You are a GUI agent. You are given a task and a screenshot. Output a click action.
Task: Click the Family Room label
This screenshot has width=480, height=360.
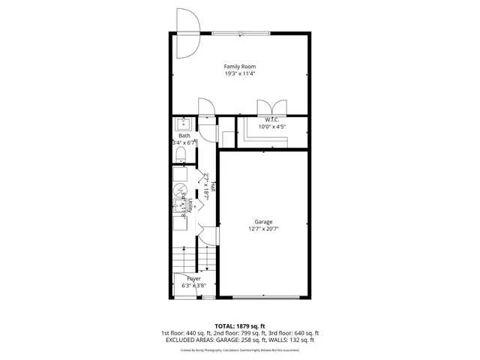(x=240, y=67)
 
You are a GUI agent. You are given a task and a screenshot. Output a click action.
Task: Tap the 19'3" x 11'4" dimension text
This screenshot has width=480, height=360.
(x=240, y=73)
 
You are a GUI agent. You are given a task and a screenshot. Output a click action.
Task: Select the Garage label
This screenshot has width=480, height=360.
(x=263, y=222)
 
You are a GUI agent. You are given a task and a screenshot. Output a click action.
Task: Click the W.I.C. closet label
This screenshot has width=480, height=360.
(x=271, y=120)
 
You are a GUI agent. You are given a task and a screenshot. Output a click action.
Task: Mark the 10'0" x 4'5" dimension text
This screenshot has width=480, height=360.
(x=271, y=127)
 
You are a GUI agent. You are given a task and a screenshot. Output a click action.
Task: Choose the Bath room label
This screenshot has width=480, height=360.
(x=184, y=136)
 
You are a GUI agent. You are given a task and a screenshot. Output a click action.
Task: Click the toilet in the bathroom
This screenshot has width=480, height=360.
(x=181, y=154)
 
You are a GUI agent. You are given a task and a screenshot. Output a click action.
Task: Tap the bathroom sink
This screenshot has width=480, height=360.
(x=182, y=123)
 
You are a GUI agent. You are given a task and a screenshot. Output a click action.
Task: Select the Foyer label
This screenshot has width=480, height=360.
(x=194, y=278)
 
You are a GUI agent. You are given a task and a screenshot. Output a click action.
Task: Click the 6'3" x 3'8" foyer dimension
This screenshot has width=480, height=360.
(x=194, y=285)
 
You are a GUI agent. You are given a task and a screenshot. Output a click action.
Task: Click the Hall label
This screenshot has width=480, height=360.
(x=214, y=187)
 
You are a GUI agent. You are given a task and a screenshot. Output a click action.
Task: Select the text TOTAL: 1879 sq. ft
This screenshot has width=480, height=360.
(x=240, y=326)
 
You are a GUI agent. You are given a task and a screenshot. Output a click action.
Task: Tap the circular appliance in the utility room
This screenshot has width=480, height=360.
(x=181, y=190)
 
